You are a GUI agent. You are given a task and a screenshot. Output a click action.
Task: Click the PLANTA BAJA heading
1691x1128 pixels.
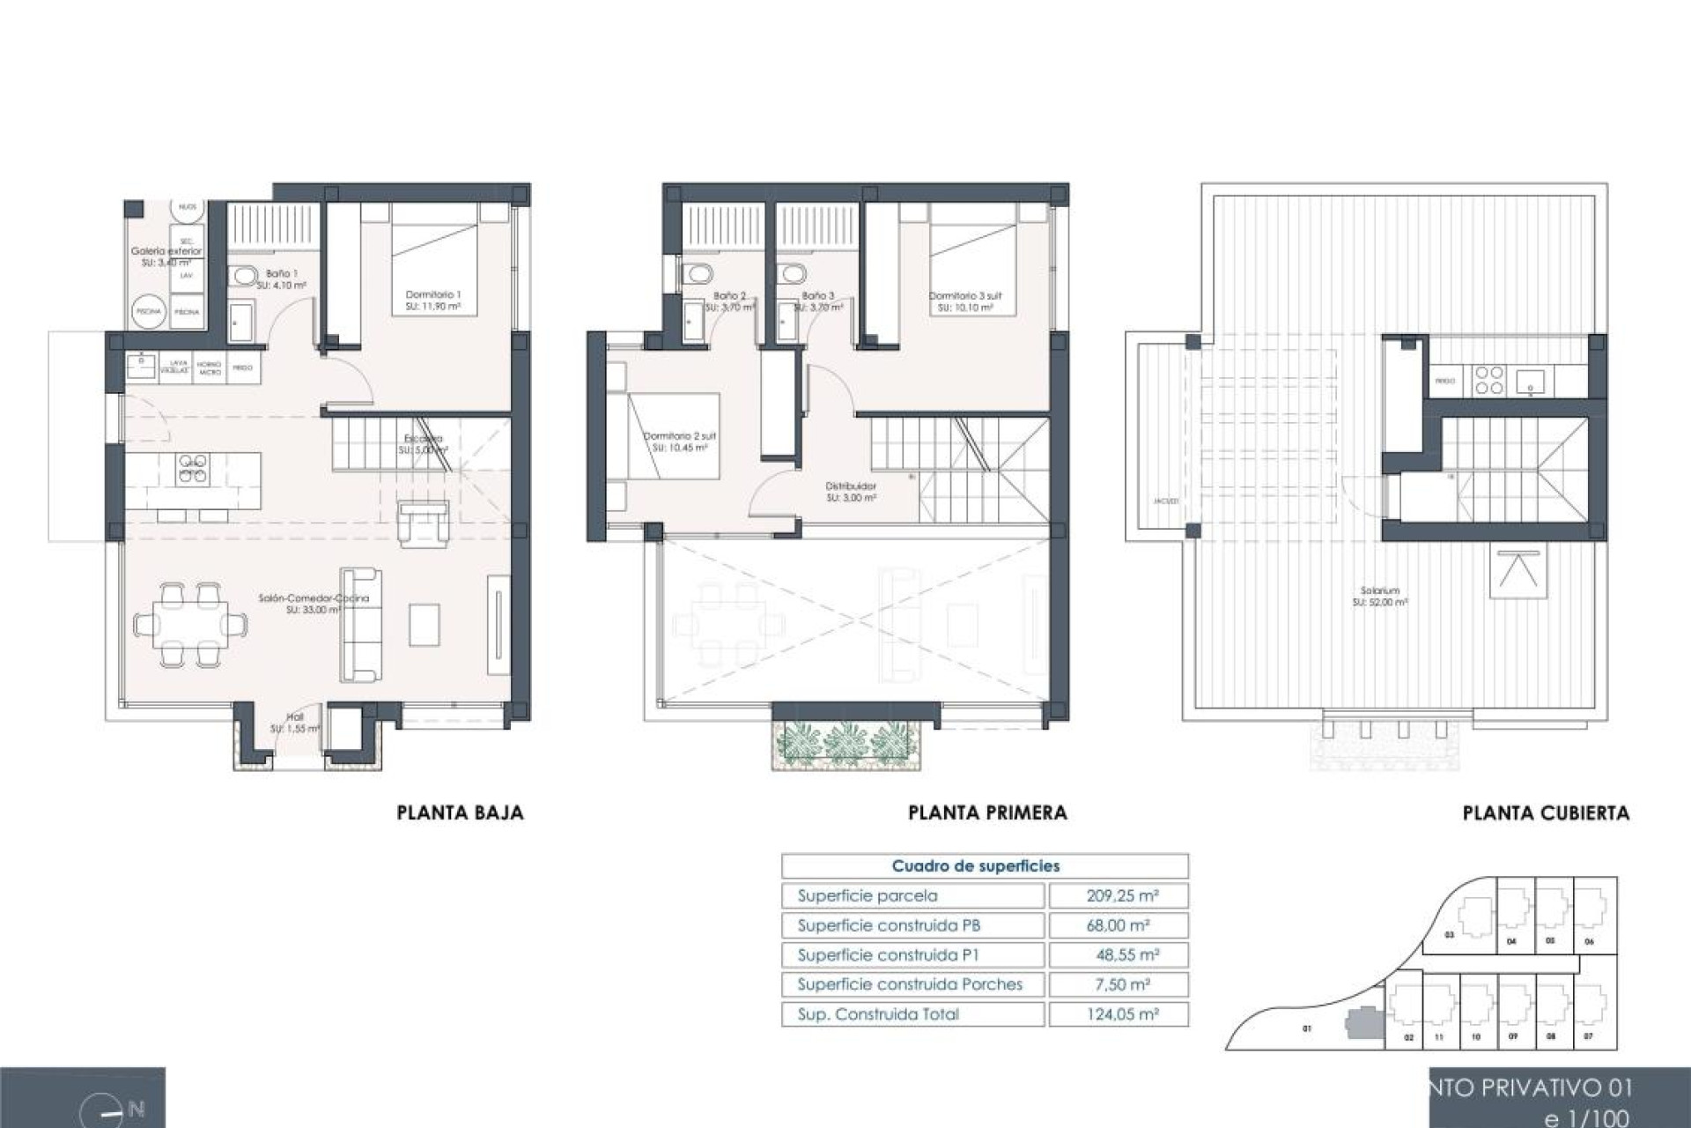pyautogui.click(x=460, y=813)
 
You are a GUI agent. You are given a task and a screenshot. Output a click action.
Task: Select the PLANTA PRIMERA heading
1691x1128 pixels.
pyautogui.click(x=987, y=813)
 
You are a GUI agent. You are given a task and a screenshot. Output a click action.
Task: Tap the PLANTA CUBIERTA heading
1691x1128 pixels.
pyautogui.click(x=1546, y=813)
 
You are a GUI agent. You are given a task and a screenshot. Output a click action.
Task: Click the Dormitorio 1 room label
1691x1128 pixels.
pyautogui.click(x=432, y=295)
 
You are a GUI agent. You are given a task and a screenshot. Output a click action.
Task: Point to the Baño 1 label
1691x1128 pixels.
pyautogui.click(x=282, y=274)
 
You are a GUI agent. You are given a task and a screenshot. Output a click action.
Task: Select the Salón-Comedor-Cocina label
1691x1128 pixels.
pyautogui.click(x=314, y=598)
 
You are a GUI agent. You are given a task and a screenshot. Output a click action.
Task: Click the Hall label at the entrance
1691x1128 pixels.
pyautogui.click(x=295, y=717)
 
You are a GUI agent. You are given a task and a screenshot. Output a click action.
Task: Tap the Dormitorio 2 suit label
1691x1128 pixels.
pyautogui.click(x=679, y=436)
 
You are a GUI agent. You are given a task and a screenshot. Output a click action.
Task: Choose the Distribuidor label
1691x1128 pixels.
pyautogui.click(x=851, y=486)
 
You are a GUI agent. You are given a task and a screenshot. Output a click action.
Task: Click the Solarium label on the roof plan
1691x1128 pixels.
pyautogui.click(x=1379, y=591)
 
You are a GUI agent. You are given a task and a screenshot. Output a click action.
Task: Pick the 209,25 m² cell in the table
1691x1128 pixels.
pyautogui.click(x=1122, y=895)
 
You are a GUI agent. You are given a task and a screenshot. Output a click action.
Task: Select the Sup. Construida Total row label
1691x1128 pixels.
pyautogui.click(x=878, y=1014)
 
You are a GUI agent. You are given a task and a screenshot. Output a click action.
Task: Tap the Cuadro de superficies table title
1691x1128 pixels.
pyautogui.click(x=976, y=866)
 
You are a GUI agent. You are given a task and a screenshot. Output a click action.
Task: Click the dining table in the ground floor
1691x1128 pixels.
pyautogui.click(x=191, y=624)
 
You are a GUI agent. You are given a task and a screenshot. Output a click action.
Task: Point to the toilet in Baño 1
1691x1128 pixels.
pyautogui.click(x=244, y=278)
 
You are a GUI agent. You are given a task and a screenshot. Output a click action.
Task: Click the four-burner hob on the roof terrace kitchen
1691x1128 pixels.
pyautogui.click(x=1489, y=381)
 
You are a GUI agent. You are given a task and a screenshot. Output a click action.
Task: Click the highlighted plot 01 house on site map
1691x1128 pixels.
pyautogui.click(x=1362, y=1026)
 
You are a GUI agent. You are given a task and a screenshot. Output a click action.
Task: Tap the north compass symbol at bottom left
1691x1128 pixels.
pyautogui.click(x=111, y=1112)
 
